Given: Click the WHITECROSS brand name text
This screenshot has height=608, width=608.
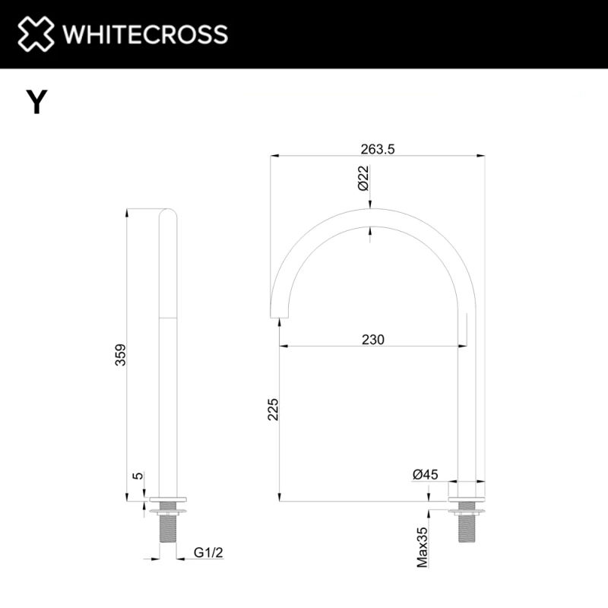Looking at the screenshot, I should [x=144, y=34].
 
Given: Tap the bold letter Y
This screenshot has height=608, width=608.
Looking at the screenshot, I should [x=36, y=102].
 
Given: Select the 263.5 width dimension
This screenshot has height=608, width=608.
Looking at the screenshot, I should [x=378, y=150].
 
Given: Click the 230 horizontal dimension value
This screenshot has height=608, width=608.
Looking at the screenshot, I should [x=372, y=340].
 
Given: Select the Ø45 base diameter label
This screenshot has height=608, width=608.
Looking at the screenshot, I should [x=426, y=474].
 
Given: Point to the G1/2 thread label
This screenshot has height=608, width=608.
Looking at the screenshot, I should [x=207, y=553].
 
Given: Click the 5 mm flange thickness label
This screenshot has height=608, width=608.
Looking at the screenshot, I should [x=138, y=476].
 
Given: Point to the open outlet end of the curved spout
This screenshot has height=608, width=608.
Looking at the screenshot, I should [x=280, y=311].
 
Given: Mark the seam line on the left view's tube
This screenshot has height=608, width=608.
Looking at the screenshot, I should [x=167, y=316].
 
